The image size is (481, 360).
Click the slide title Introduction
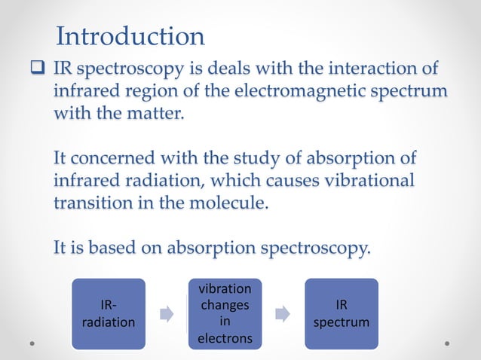coord(130,35)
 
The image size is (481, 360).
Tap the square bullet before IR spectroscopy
coord(38,70)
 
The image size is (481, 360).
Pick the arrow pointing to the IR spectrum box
coord(283,314)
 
